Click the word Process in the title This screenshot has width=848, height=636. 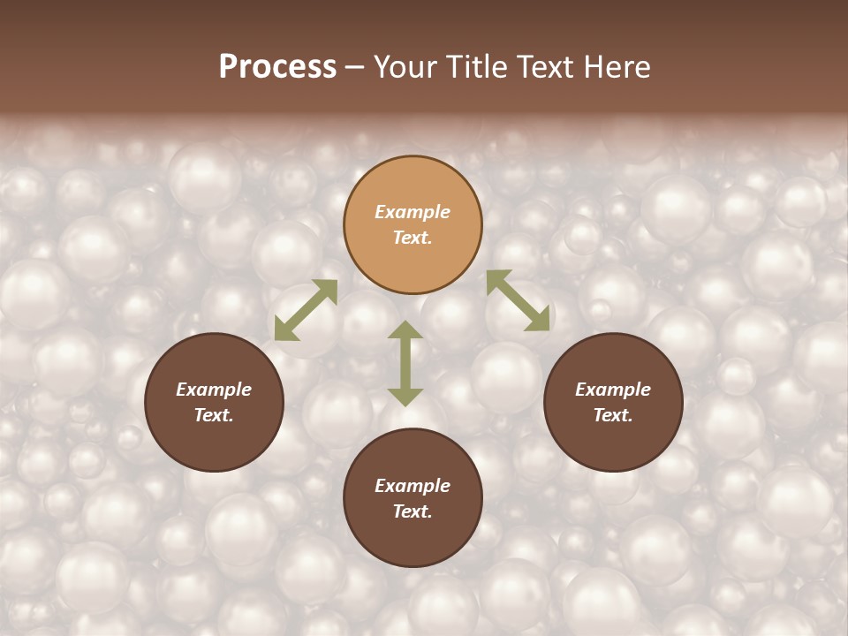(x=277, y=67)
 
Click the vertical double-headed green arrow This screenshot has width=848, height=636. (x=405, y=363)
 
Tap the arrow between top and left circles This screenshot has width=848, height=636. (x=306, y=310)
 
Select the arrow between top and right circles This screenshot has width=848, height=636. (x=518, y=300)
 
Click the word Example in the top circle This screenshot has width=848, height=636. (x=413, y=212)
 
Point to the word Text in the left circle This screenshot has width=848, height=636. (x=214, y=415)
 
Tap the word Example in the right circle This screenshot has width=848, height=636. (x=613, y=390)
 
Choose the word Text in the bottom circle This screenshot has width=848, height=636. (x=413, y=511)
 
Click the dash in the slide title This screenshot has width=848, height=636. (x=355, y=67)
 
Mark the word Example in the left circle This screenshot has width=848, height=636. (x=214, y=390)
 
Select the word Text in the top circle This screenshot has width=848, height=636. (x=413, y=238)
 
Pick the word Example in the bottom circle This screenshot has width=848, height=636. (x=413, y=486)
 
